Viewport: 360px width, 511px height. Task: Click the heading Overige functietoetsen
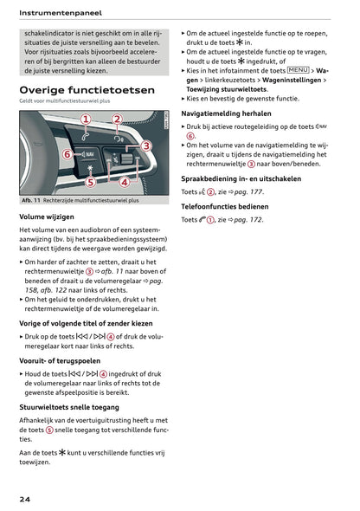pyautogui.click(x=87, y=90)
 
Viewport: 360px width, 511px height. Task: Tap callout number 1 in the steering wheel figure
pyautogui.click(x=87, y=120)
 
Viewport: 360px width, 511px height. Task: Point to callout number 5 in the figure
pyautogui.click(x=89, y=182)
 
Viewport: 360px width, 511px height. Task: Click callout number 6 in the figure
pyautogui.click(x=66, y=154)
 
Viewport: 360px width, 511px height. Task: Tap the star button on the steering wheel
pyautogui.click(x=89, y=167)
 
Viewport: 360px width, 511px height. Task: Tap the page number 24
pyautogui.click(x=27, y=500)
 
